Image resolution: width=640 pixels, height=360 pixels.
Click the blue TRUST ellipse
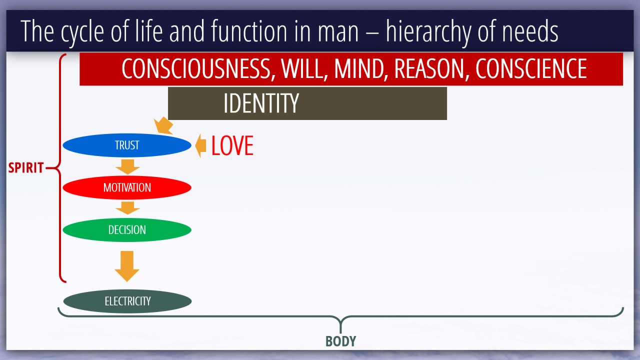[x=127, y=145]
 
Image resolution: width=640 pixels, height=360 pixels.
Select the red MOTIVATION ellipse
[x=127, y=187]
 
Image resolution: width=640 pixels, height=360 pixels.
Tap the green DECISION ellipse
[x=127, y=229]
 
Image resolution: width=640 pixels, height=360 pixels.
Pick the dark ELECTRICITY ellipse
[x=127, y=301]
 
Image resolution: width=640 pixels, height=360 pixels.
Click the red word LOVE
[x=232, y=145]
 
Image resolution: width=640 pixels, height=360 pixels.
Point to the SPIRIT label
[x=25, y=167]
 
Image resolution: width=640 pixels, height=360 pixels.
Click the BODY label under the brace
[x=341, y=341]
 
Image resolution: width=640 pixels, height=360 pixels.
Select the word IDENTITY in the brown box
[x=261, y=103]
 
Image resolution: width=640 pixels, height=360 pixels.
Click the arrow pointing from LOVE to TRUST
[x=200, y=145]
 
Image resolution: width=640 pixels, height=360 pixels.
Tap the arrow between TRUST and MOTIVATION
[x=127, y=167]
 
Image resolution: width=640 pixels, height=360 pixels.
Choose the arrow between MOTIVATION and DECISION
[x=127, y=208]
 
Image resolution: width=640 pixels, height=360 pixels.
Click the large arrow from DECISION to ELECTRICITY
[x=127, y=266]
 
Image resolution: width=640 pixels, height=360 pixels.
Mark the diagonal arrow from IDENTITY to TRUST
[x=163, y=125]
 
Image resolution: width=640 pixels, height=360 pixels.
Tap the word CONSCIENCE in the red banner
[x=531, y=68]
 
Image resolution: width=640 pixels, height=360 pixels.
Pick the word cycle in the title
[x=82, y=32]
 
